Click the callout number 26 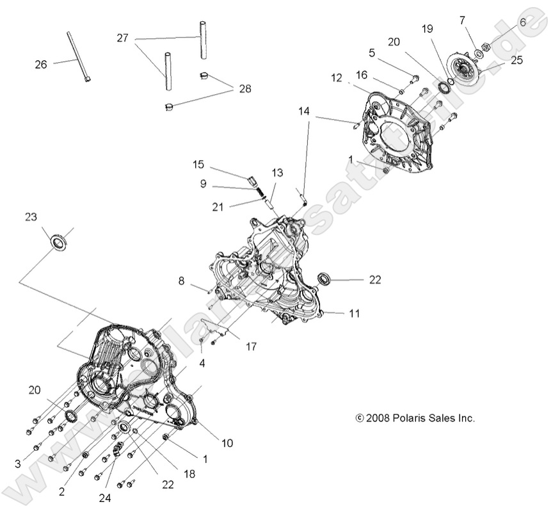(40, 64)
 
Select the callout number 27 (122, 38)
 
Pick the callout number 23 (31, 216)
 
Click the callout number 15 (198, 165)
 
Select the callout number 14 (303, 111)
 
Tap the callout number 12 (337, 79)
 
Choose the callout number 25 (517, 61)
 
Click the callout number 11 (354, 314)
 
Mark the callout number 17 (250, 346)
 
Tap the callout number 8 (181, 280)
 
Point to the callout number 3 (18, 463)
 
